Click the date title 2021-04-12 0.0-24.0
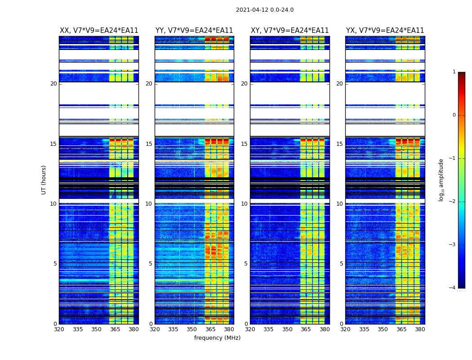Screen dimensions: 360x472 click(265, 10)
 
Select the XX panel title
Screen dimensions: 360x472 click(99, 31)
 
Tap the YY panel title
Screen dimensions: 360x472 click(194, 31)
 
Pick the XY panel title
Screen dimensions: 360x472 click(289, 31)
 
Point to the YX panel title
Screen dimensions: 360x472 click(385, 31)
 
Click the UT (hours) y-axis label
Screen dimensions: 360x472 click(44, 180)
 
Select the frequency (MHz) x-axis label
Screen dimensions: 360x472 click(217, 338)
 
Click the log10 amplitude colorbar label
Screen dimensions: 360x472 click(441, 180)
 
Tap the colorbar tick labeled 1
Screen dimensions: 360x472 click(454, 72)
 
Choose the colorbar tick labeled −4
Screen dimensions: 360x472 click(453, 288)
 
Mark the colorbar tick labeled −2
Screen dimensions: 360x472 click(453, 202)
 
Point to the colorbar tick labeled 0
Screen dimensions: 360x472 click(454, 115)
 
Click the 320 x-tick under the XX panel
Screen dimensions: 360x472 click(59, 329)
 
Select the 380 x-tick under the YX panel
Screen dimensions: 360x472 click(420, 329)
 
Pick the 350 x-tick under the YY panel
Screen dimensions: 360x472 click(192, 329)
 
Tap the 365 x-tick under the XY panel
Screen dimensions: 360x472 click(306, 329)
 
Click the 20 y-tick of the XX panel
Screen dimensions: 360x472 click(53, 84)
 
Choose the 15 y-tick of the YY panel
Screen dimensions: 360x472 click(149, 144)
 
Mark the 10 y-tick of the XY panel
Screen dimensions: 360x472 click(244, 204)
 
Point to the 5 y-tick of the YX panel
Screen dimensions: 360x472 click(341, 264)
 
